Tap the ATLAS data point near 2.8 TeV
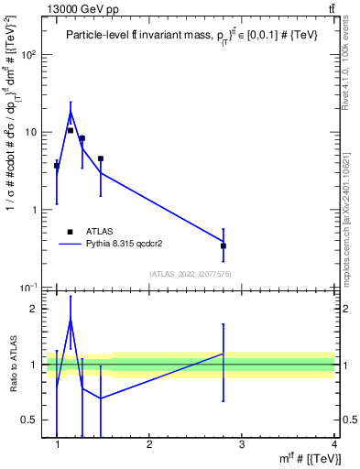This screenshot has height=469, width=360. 224,245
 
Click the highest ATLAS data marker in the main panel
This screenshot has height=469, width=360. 71,130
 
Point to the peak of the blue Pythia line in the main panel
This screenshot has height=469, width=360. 71,113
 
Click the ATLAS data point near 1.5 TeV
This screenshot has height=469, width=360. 101,158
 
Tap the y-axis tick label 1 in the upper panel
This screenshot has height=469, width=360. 34,210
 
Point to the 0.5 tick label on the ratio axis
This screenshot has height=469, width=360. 30,420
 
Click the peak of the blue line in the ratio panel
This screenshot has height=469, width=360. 71,320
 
